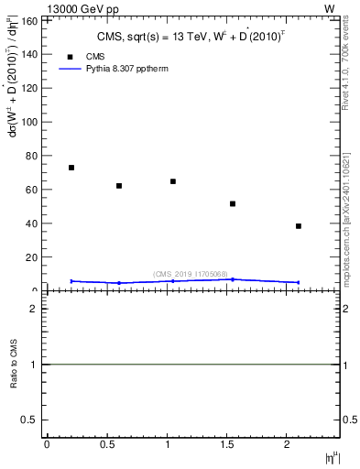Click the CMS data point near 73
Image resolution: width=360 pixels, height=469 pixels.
71,168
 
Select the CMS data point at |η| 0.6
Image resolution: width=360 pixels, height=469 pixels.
119,186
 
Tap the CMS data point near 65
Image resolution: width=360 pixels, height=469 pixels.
173,181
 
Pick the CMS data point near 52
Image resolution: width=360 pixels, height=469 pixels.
233,203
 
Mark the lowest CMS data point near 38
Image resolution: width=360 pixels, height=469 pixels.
299,225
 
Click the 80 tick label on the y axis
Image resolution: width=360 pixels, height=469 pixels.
33,156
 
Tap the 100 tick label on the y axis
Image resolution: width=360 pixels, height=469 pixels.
30,122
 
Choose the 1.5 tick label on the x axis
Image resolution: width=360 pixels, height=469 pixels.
226,444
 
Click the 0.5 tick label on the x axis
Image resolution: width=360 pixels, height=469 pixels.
106,444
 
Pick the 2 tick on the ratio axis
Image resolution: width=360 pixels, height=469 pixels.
34,309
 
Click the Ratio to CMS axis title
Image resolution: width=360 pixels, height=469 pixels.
15,365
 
